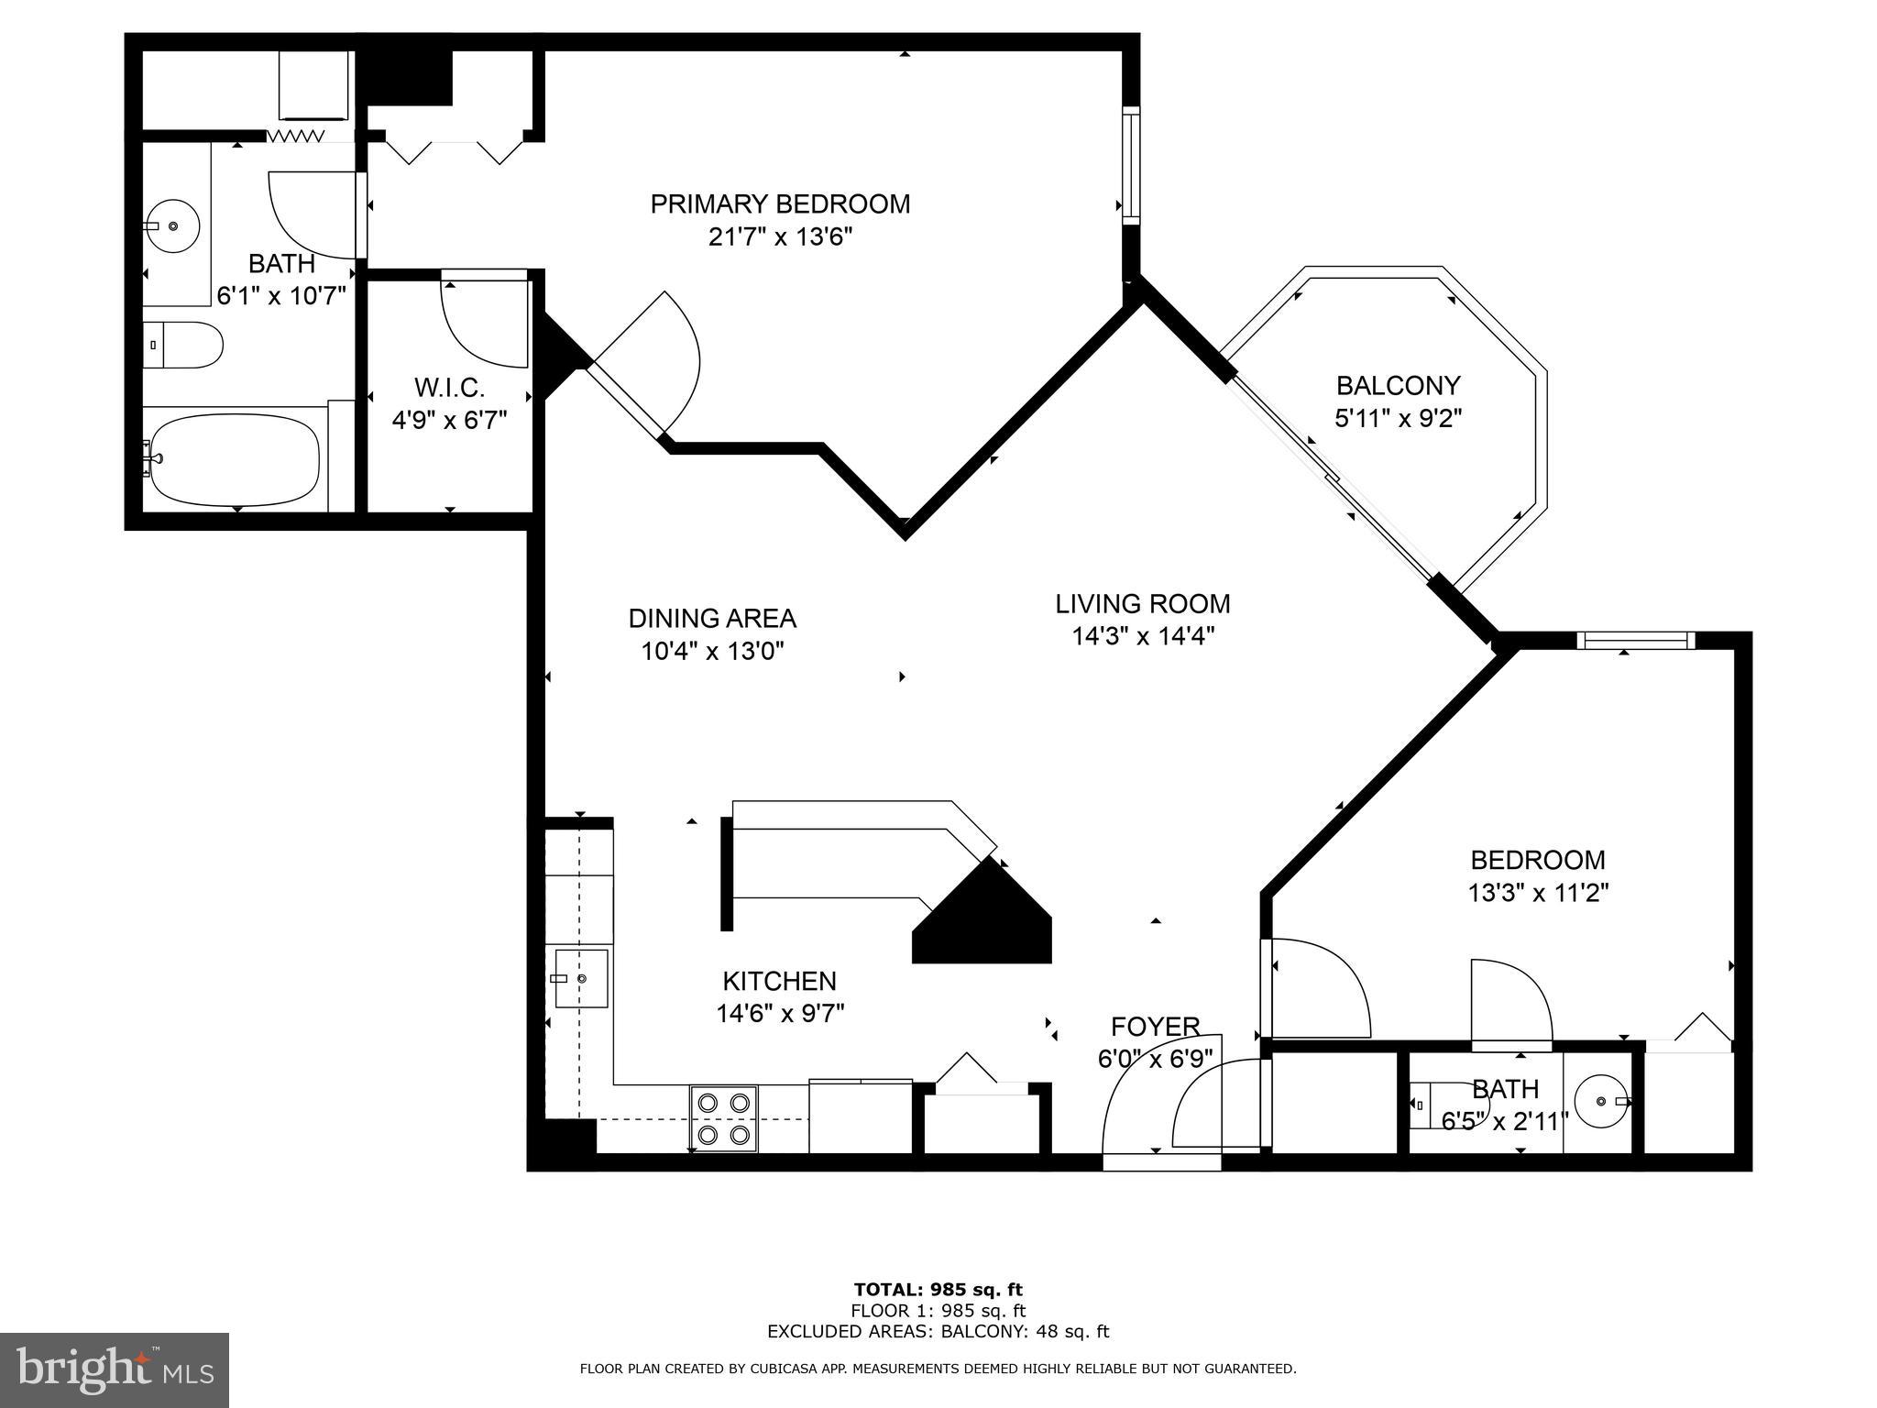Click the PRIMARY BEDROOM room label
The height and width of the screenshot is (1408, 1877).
point(780,203)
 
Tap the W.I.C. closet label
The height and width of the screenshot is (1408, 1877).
point(449,388)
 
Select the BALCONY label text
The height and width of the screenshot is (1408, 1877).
point(1398,385)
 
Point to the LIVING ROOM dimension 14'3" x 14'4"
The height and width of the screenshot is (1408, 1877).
point(1143,636)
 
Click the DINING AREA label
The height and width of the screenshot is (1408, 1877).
point(712,619)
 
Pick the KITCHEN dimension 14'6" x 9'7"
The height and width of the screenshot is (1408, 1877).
point(780,1014)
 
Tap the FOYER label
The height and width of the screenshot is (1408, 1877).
point(1155,1027)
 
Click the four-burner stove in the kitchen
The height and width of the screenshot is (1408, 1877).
point(724,1118)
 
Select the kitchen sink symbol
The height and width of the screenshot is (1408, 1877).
point(581,979)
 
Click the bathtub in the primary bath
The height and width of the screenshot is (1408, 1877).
point(236,460)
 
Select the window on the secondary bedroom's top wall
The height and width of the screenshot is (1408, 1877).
point(1636,641)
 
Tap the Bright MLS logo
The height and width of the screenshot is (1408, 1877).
point(115,1370)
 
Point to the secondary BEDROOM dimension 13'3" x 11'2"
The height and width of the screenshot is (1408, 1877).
point(1539,893)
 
